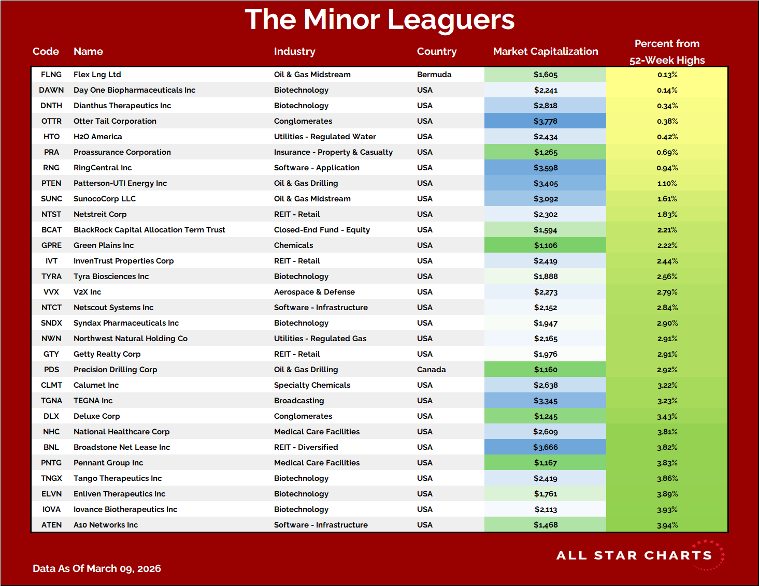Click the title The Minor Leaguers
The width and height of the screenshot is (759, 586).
coord(379,20)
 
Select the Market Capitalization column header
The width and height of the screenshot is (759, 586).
coord(545,51)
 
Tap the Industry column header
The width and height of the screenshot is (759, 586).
coord(294,51)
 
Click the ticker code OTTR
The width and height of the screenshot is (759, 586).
coord(51,121)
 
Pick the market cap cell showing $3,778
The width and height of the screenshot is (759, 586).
coord(545,121)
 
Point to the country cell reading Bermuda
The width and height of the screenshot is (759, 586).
coord(434,75)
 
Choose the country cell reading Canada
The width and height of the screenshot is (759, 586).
coord(431,370)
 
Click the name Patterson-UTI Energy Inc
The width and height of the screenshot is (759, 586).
coord(120,183)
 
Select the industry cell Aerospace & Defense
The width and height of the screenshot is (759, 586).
coord(314,292)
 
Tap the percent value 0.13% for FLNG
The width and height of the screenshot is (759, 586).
coord(667,75)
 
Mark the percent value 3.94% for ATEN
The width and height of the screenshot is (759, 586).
coord(667,525)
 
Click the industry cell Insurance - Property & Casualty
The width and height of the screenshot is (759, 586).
coord(333,152)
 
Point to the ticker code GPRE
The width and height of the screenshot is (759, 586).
coord(51,245)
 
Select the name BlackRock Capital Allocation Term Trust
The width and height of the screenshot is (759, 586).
coord(149,230)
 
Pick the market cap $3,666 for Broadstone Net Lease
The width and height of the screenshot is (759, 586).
coord(545,447)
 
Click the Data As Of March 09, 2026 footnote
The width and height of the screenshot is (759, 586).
coord(97,568)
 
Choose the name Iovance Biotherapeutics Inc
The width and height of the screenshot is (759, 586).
coord(125,509)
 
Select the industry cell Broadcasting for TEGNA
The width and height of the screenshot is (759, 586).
coord(299,401)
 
